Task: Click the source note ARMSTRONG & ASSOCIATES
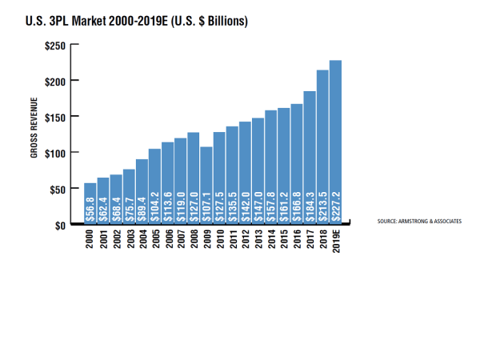click(419, 220)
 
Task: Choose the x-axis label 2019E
click(336, 242)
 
